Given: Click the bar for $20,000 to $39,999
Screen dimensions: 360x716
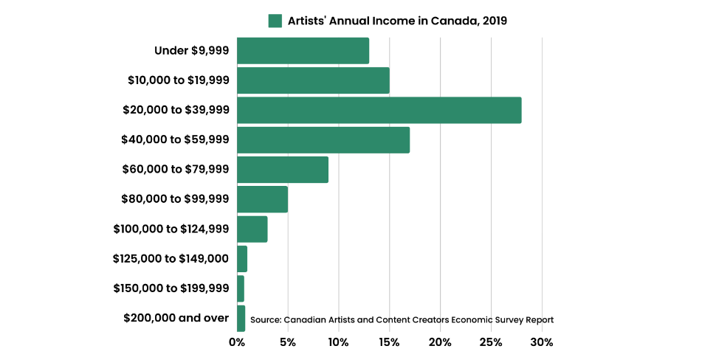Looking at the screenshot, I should click(379, 110).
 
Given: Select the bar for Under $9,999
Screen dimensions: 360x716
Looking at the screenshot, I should click(303, 51).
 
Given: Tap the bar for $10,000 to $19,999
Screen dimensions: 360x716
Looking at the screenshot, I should click(313, 80).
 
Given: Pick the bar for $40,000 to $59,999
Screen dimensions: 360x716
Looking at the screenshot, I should click(323, 140).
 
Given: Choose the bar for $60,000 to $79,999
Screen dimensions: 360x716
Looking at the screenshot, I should click(283, 170).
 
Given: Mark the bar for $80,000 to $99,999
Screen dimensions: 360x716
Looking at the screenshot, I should click(262, 199).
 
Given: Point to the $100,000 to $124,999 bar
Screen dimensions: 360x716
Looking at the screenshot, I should click(252, 229).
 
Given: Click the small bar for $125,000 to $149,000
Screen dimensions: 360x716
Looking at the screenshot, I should click(242, 259).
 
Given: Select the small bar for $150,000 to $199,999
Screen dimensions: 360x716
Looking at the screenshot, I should click(241, 288).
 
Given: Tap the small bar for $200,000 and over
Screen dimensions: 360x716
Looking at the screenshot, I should click(241, 318).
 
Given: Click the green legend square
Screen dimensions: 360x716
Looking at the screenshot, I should click(275, 21).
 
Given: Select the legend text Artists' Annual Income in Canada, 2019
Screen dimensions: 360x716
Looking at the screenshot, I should click(398, 21).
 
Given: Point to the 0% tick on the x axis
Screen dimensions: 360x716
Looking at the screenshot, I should click(237, 342).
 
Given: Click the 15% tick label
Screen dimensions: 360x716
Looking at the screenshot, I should click(389, 342).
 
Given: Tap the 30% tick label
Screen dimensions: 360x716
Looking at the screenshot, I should click(542, 342).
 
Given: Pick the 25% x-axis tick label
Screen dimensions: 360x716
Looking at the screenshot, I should click(491, 342).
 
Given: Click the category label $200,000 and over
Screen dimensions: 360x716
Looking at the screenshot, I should click(176, 318).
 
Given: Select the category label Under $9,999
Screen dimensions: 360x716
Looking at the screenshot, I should click(191, 51).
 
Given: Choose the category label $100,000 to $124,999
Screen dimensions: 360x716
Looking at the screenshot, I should click(171, 229).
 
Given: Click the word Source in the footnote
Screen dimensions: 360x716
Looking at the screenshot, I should click(265, 320).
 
